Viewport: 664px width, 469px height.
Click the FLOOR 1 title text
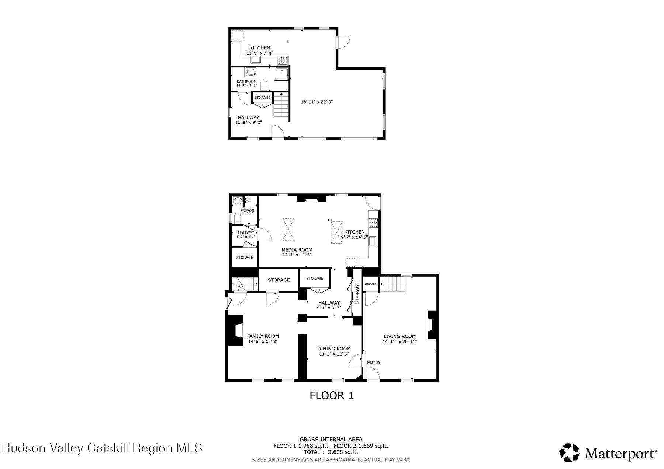pos(331,396)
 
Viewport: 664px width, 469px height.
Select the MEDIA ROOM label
pos(297,250)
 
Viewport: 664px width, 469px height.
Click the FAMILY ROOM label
pos(263,336)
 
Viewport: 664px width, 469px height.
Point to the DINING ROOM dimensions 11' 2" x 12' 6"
pos(334,354)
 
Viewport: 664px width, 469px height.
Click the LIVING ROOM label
pos(400,336)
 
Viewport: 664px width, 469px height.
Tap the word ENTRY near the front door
pos(374,363)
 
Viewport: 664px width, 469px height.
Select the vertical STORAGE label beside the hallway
pos(357,293)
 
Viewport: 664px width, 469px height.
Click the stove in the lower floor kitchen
pos(373,223)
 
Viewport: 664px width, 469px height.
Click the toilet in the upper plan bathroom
pos(264,85)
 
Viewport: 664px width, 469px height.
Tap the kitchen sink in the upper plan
pos(256,60)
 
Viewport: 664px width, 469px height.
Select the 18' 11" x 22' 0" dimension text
pos(317,102)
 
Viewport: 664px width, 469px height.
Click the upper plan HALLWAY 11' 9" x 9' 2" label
pos(248,120)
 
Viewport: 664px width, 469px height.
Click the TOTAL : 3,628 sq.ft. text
pos(331,452)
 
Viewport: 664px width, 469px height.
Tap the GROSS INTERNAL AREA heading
pos(331,439)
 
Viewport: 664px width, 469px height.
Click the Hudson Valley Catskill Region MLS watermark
pos(102,448)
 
